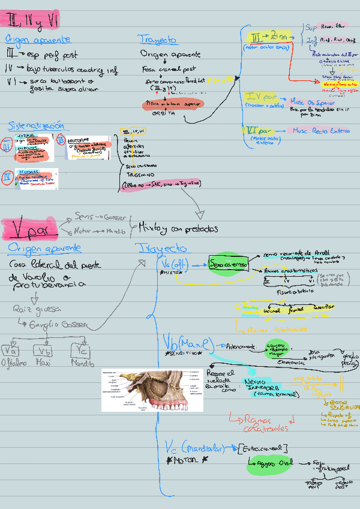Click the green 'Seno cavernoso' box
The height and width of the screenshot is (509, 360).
click(x=228, y=264)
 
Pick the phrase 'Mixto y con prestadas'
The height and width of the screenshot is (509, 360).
click(x=178, y=229)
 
